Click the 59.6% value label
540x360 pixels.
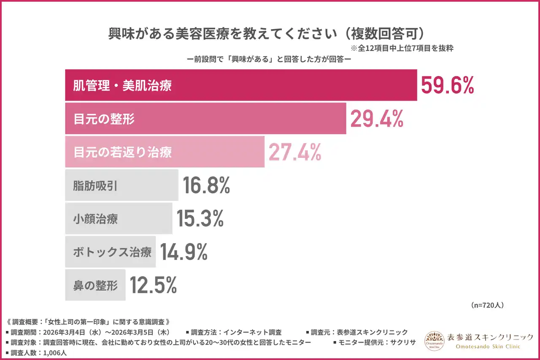[448, 86]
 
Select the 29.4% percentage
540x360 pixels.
[377, 119]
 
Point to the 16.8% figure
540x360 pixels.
[206, 185]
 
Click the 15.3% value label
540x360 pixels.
[200, 219]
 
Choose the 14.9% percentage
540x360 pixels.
[184, 252]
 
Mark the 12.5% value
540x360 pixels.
[153, 285]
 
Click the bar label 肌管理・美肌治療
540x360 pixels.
[123, 86]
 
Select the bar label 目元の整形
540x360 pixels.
[104, 119]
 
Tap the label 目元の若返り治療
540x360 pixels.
[123, 152]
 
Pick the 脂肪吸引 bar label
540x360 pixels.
[95, 186]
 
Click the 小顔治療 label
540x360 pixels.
[95, 219]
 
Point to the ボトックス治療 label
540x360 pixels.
[112, 252]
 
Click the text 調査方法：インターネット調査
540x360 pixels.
[235, 332]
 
